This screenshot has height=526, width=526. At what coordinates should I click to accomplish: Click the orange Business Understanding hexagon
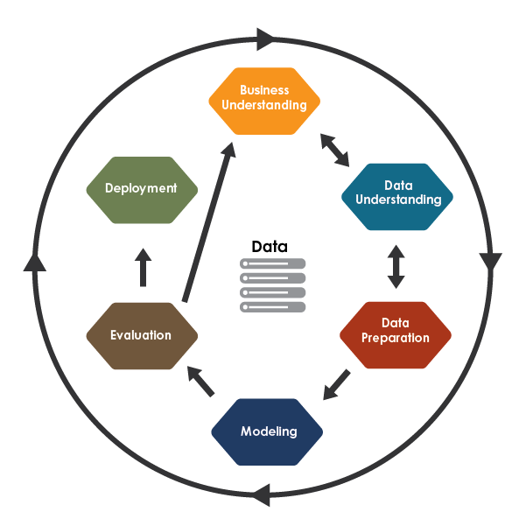click(264, 98)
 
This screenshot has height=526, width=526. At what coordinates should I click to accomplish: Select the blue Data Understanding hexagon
click(397, 193)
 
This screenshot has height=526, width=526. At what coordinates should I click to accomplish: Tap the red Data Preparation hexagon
click(395, 332)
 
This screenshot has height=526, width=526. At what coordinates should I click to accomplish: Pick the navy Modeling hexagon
click(268, 431)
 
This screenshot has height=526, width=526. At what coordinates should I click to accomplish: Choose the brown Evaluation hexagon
click(141, 335)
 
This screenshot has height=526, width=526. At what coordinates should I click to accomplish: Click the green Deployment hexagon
click(141, 188)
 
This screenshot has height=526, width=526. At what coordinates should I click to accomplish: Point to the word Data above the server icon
click(269, 247)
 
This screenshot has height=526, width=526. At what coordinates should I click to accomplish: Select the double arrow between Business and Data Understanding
click(334, 150)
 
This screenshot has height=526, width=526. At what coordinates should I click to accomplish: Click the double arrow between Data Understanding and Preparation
click(396, 266)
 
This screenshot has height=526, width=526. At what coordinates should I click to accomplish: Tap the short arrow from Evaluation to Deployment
click(144, 268)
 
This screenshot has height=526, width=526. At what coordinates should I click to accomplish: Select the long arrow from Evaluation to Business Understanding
click(208, 223)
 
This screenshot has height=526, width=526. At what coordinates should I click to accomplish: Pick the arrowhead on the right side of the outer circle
click(490, 262)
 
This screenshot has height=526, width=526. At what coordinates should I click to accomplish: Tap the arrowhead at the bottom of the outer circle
click(260, 496)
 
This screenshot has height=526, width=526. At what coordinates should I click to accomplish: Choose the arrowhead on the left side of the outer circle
click(34, 261)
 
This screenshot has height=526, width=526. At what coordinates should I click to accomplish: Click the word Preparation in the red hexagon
click(396, 338)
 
